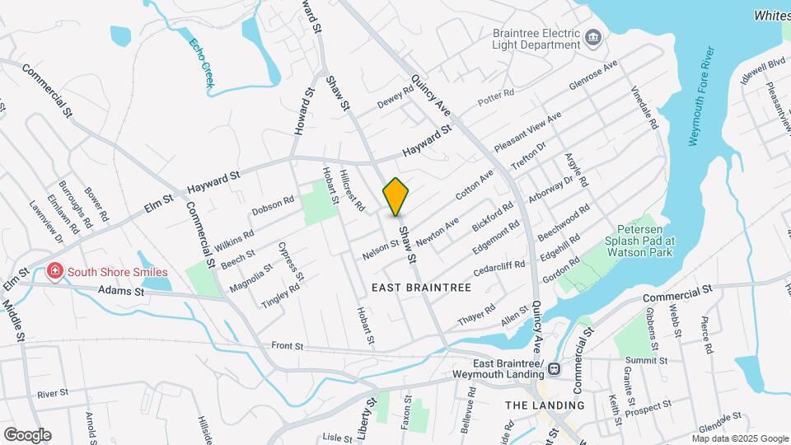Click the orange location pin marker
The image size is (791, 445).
tap(395, 196)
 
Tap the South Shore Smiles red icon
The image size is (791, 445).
tap(54, 271)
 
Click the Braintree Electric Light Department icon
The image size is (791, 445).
tap(592, 38)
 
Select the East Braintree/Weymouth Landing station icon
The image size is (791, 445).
tap(554, 369)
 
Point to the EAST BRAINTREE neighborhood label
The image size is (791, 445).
tap(420, 288)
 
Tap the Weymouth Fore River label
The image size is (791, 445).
tap(704, 98)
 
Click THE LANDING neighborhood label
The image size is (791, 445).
tap(544, 405)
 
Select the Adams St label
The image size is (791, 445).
tap(121, 290)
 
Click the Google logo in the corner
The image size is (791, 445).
tap(27, 435)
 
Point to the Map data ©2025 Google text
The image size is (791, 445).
tap(740, 438)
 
